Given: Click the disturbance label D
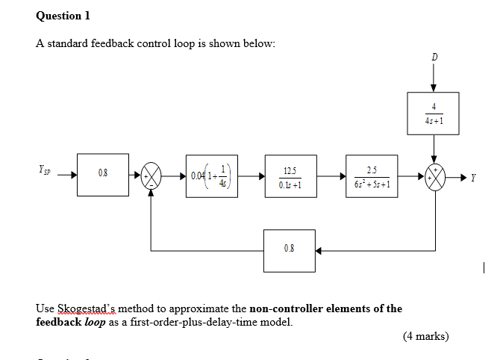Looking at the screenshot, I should pyautogui.click(x=434, y=57).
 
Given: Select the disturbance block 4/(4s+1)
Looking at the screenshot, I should pyautogui.click(x=434, y=113).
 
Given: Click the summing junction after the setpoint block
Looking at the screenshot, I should pyautogui.click(x=152, y=176).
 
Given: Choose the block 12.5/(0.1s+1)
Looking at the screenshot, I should pyautogui.click(x=290, y=176).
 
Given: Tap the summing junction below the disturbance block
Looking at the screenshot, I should pyautogui.click(x=434, y=176).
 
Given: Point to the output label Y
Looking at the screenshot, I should pyautogui.click(x=474, y=178).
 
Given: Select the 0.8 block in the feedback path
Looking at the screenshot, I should pyautogui.click(x=290, y=249).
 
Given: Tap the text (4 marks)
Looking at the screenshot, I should pyautogui.click(x=425, y=336).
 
